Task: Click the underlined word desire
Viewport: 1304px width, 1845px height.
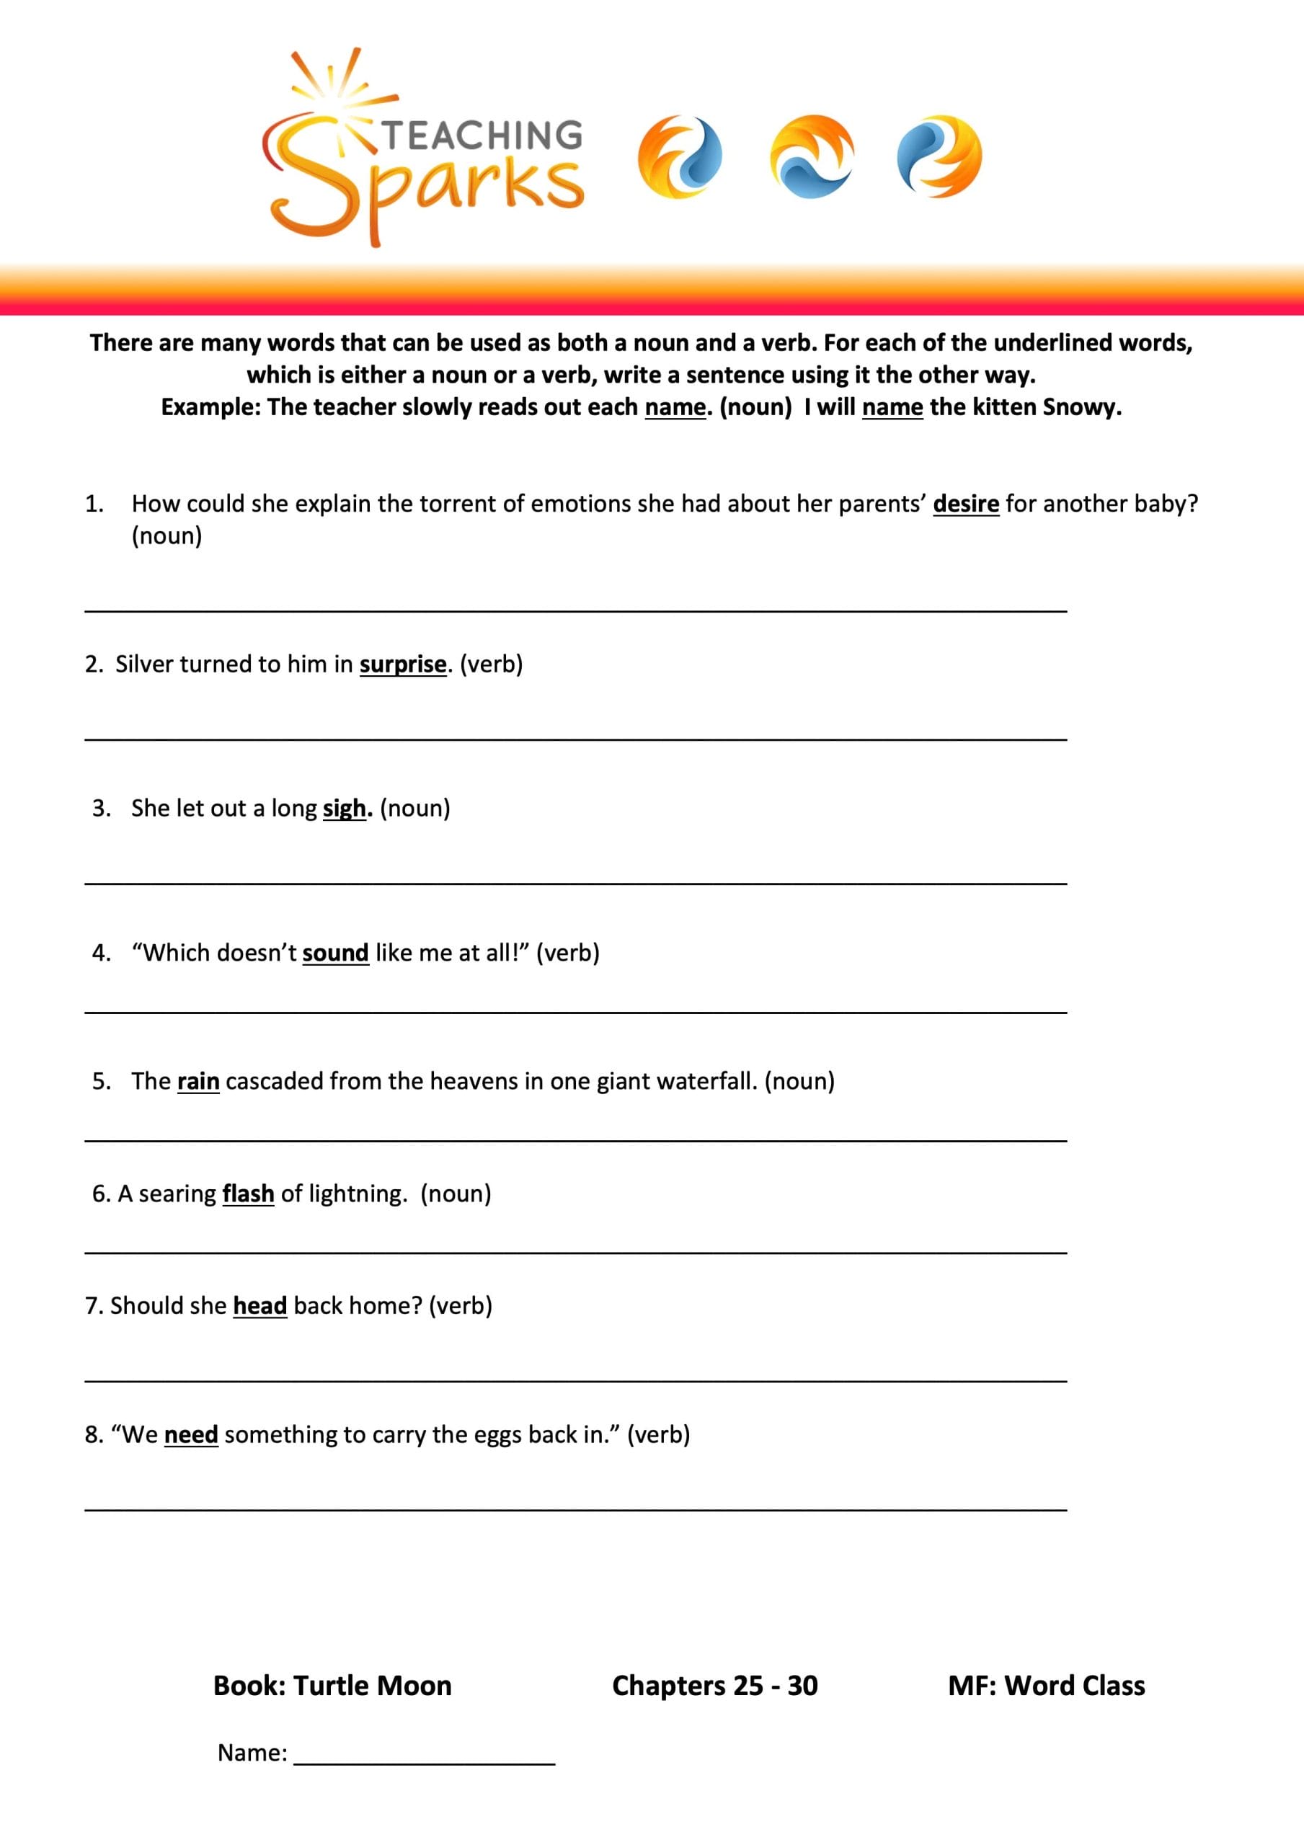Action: coord(965,504)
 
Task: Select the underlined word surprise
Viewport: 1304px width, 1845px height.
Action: coord(403,664)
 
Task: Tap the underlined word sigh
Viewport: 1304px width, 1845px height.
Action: coord(345,809)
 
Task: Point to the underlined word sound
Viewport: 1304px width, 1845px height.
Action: coord(335,953)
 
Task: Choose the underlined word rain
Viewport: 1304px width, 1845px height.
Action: coord(198,1082)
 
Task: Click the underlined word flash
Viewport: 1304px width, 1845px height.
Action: coord(249,1194)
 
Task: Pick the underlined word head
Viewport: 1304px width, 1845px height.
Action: coord(260,1306)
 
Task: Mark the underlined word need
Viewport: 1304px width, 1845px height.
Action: coord(191,1434)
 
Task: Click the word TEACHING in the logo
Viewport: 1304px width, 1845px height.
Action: coord(482,135)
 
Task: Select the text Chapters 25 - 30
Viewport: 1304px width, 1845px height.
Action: coord(714,1685)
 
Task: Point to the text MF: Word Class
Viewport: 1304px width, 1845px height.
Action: coord(1046,1685)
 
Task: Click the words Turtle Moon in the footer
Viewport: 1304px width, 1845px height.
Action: coord(372,1685)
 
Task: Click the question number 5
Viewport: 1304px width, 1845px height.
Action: coord(100,1082)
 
